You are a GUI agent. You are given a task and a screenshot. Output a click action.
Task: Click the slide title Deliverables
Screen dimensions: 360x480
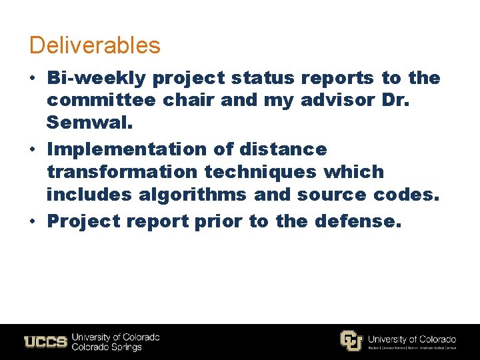[95, 45]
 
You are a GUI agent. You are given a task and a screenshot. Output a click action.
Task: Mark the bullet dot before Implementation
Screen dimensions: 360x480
[33, 149]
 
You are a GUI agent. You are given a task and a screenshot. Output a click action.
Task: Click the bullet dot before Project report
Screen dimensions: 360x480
[33, 220]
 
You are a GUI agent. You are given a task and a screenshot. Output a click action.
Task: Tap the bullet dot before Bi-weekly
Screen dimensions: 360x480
[33, 78]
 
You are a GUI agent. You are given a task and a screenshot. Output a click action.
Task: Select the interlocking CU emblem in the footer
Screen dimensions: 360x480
[351, 341]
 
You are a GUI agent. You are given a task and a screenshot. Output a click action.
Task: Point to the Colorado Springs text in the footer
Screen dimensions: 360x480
[107, 347]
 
